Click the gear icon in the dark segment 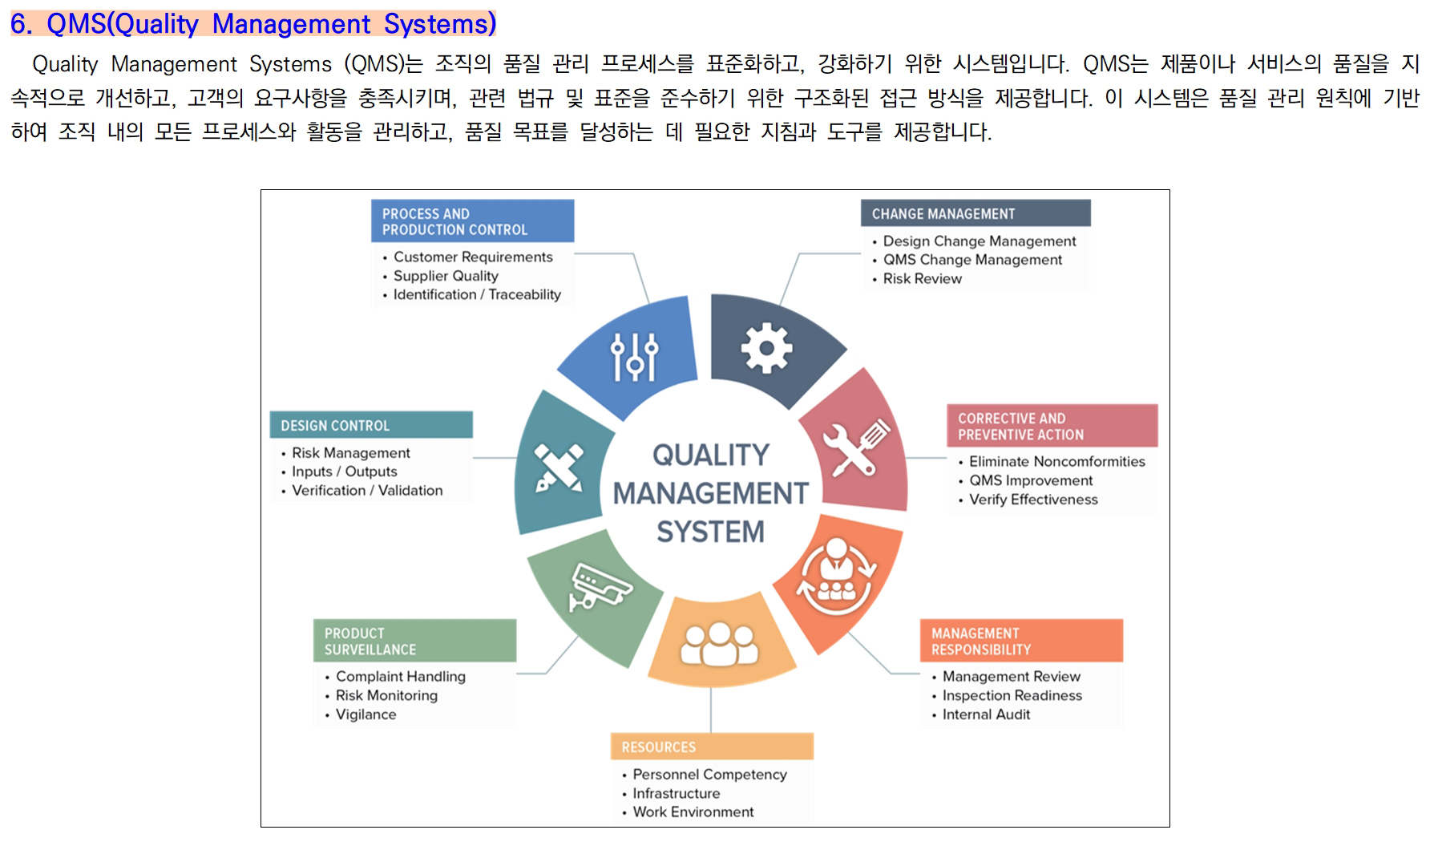click(766, 347)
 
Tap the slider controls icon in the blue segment click(634, 356)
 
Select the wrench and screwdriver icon click(855, 447)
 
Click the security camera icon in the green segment click(600, 586)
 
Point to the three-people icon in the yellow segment click(719, 644)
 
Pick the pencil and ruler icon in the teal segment click(559, 468)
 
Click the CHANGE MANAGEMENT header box click(975, 213)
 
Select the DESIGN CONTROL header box click(371, 425)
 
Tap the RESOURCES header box click(712, 747)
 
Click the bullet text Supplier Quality click(446, 276)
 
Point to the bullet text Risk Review click(922, 278)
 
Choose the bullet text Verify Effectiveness click(1033, 500)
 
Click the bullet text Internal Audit click(986, 714)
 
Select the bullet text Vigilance click(366, 714)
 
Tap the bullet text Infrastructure click(676, 793)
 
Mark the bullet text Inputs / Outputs click(344, 472)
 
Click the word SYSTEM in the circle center click(710, 532)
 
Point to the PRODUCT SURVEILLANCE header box click(414, 641)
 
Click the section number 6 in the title click(19, 24)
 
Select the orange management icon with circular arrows click(836, 576)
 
